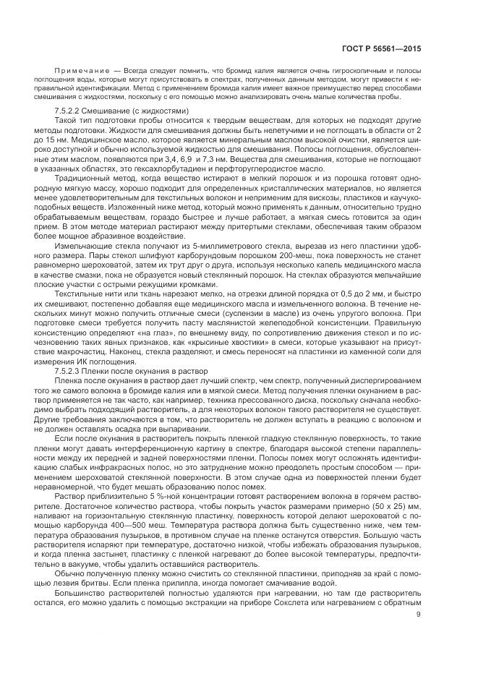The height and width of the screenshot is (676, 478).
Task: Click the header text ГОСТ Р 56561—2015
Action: [383, 48]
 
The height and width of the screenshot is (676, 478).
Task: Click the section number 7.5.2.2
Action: [68, 109]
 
